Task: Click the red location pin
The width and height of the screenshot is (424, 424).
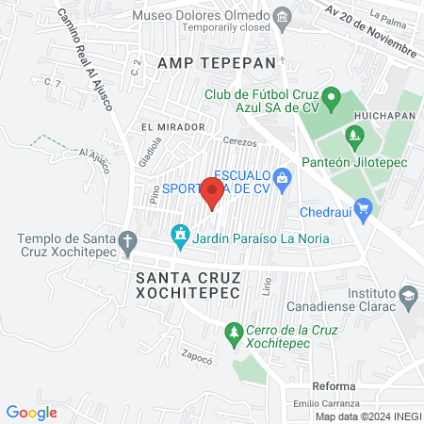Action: tap(212, 193)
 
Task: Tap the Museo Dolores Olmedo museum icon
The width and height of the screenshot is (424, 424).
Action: tap(281, 16)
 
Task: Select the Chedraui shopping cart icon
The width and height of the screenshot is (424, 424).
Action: tap(365, 210)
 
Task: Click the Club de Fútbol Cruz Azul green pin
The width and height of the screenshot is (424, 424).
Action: tap(331, 97)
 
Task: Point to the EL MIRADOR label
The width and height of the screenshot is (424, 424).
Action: tap(172, 126)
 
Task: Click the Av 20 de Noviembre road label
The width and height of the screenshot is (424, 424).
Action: tap(372, 29)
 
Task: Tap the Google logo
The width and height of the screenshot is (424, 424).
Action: tap(31, 412)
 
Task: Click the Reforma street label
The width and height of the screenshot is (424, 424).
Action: tap(334, 387)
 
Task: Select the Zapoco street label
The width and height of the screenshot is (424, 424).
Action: tap(199, 358)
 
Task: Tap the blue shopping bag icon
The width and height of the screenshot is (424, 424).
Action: tap(281, 176)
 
